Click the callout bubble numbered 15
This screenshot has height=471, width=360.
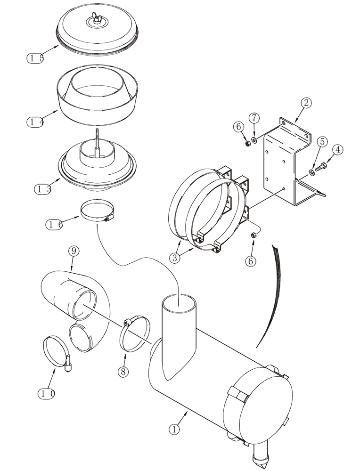(x=35, y=58)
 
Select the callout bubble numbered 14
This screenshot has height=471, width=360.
(x=35, y=122)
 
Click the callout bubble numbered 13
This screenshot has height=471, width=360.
(x=43, y=189)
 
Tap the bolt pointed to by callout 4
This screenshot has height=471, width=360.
(x=322, y=166)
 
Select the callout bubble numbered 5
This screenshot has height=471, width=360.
(x=322, y=141)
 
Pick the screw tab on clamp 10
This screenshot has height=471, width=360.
(x=67, y=363)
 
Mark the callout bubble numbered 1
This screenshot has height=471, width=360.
(x=175, y=429)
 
